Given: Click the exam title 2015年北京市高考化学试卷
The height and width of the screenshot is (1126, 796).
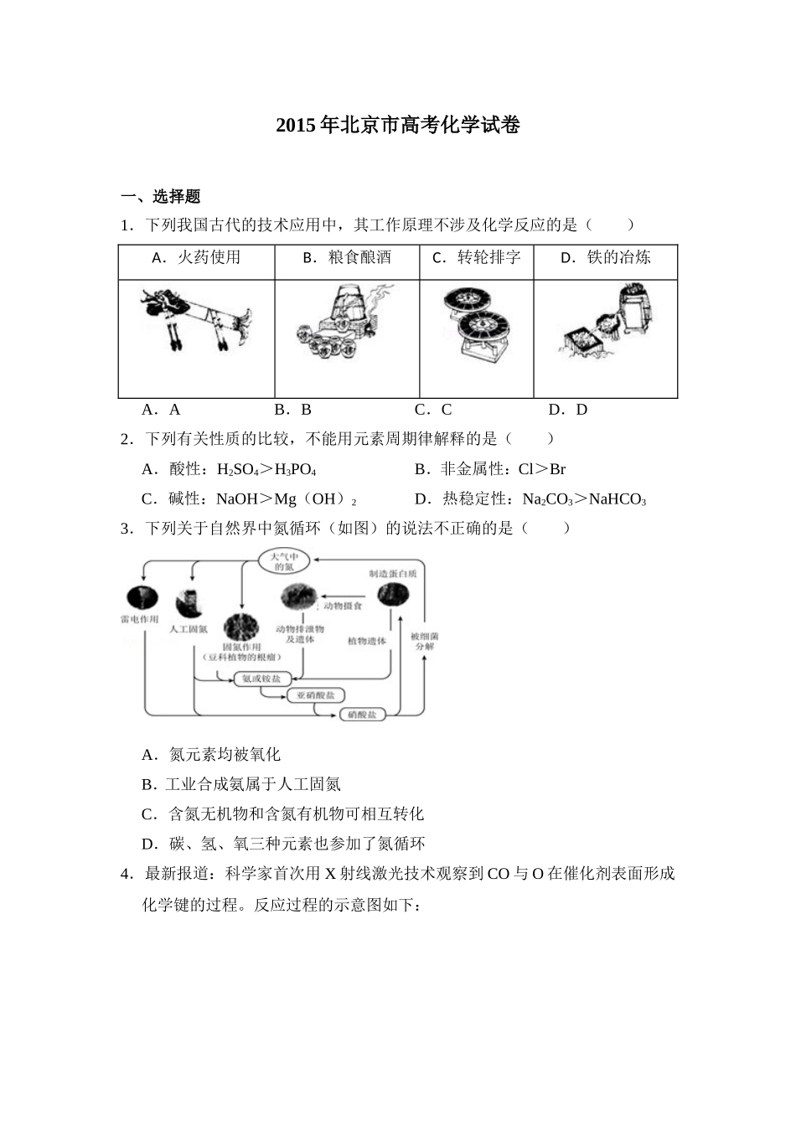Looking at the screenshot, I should pyautogui.click(x=398, y=126).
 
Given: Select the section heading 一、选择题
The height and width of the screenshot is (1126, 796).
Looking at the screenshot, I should pyautogui.click(x=161, y=197).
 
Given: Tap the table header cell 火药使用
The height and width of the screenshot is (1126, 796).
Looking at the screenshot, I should pyautogui.click(x=197, y=258).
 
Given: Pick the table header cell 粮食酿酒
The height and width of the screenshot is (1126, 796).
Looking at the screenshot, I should pyautogui.click(x=347, y=258).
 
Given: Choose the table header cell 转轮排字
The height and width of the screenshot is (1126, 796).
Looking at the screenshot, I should pyautogui.click(x=476, y=258).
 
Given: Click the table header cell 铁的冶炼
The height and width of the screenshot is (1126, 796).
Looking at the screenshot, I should pyautogui.click(x=605, y=258).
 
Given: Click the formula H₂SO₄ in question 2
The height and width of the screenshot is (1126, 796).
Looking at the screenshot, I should pyautogui.click(x=240, y=470).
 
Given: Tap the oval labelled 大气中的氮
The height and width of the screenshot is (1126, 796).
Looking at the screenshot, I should pyautogui.click(x=284, y=561).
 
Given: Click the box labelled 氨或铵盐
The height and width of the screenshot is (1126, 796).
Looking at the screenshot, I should pyautogui.click(x=261, y=678).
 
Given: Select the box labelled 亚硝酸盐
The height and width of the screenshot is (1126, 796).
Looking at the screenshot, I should pyautogui.click(x=316, y=695).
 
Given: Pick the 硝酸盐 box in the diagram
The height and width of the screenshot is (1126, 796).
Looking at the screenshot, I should pyautogui.click(x=362, y=715).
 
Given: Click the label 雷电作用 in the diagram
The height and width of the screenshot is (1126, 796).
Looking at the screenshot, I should pyautogui.click(x=139, y=620).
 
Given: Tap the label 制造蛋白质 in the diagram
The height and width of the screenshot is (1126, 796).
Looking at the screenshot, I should pyautogui.click(x=393, y=574).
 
